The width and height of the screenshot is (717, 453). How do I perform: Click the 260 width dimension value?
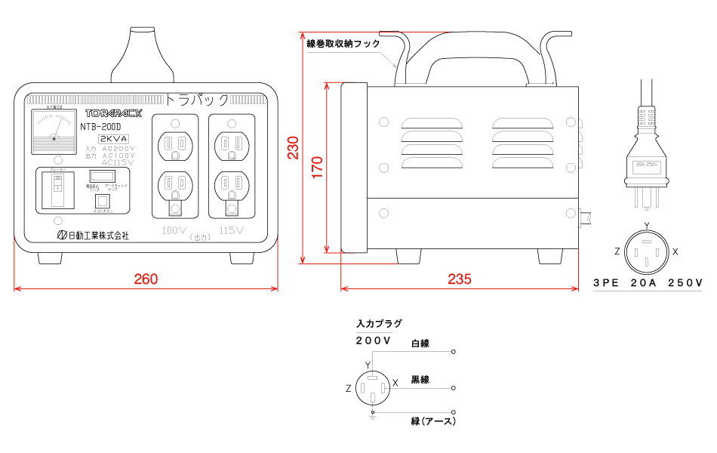(x=146, y=279)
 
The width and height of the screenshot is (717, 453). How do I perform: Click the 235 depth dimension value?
(x=459, y=279)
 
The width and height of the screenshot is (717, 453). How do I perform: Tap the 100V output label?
(x=174, y=230)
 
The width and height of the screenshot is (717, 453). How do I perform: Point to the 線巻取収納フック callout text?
(x=344, y=44)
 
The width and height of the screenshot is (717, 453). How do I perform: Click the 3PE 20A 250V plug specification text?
(x=648, y=284)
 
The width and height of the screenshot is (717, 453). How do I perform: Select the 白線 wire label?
(x=420, y=344)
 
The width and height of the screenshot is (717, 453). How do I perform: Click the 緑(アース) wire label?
(x=433, y=421)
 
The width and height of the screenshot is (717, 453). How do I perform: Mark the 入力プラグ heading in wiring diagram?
(x=378, y=323)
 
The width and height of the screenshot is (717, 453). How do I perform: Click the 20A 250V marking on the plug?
(x=647, y=164)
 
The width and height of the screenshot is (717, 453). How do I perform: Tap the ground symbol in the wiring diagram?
(x=371, y=417)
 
